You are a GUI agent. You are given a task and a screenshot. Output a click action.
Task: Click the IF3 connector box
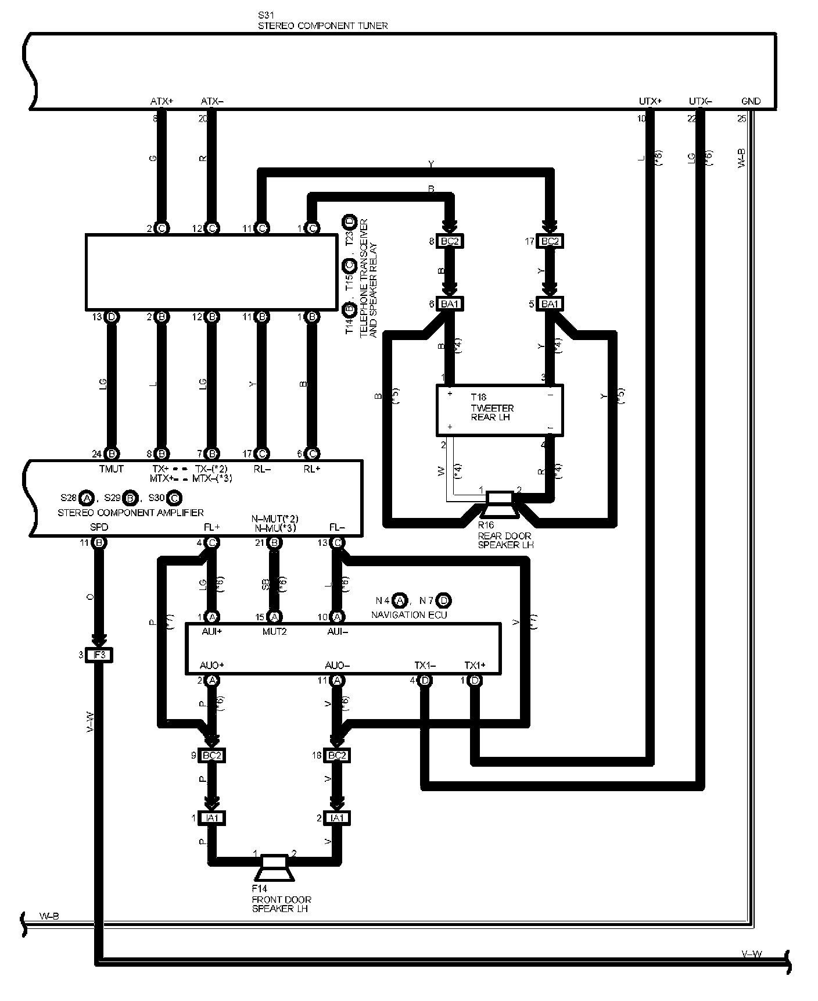pos(100,655)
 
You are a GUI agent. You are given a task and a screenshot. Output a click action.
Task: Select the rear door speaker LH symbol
pos(500,504)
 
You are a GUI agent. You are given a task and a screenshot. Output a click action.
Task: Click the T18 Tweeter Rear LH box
pos(500,409)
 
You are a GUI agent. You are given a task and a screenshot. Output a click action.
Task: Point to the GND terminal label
pos(751,101)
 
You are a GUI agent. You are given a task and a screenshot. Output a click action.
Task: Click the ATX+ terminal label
pos(162,101)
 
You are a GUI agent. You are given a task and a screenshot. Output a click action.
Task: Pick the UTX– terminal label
pos(700,101)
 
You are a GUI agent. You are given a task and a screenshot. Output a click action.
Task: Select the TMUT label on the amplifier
pos(112,469)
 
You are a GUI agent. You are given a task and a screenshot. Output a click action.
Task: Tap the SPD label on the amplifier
pos(99,527)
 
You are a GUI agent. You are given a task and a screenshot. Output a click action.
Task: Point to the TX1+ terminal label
pos(475,665)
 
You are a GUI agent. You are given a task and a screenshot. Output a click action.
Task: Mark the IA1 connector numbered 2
pos(336,818)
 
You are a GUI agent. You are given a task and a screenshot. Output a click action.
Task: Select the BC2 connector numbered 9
pos(212,756)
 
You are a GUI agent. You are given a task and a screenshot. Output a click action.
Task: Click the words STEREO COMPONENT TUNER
pos(322,26)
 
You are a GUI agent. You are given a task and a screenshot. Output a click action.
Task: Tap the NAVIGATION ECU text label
pos(409,614)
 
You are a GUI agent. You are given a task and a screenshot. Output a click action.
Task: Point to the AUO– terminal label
pos(337,665)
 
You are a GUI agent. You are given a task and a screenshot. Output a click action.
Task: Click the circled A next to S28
pos(87,498)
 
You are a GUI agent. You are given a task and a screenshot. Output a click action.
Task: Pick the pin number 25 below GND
pos(741,119)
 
